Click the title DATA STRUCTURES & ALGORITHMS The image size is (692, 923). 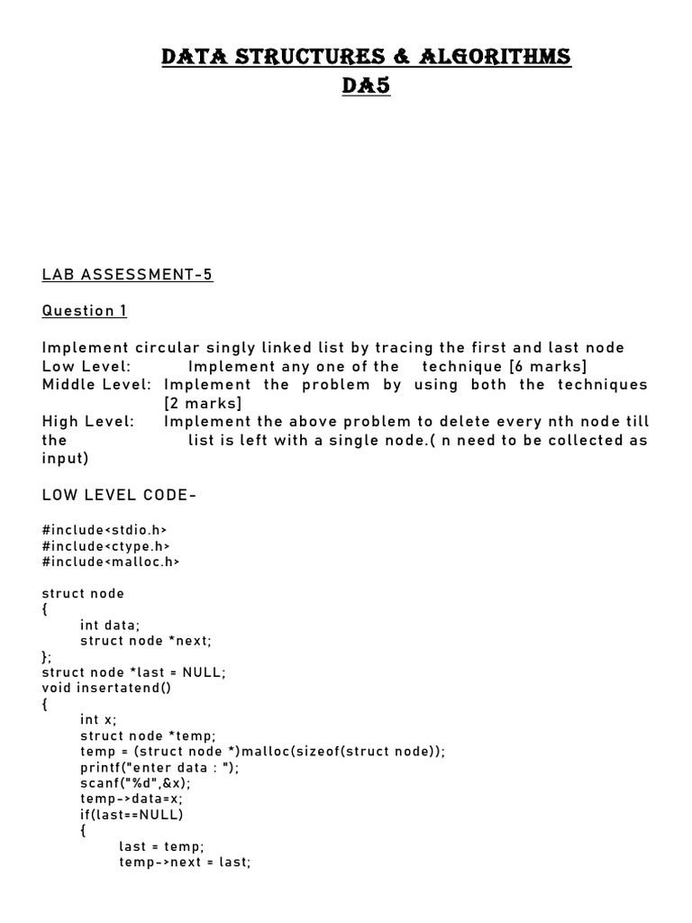point(365,58)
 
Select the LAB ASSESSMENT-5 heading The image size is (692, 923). point(127,274)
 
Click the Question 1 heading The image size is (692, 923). point(85,311)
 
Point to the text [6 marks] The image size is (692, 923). point(547,366)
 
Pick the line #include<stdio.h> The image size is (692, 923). point(105,530)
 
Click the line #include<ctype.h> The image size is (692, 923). point(106,545)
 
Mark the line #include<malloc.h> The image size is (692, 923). point(111,562)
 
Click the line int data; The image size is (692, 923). point(110,625)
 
